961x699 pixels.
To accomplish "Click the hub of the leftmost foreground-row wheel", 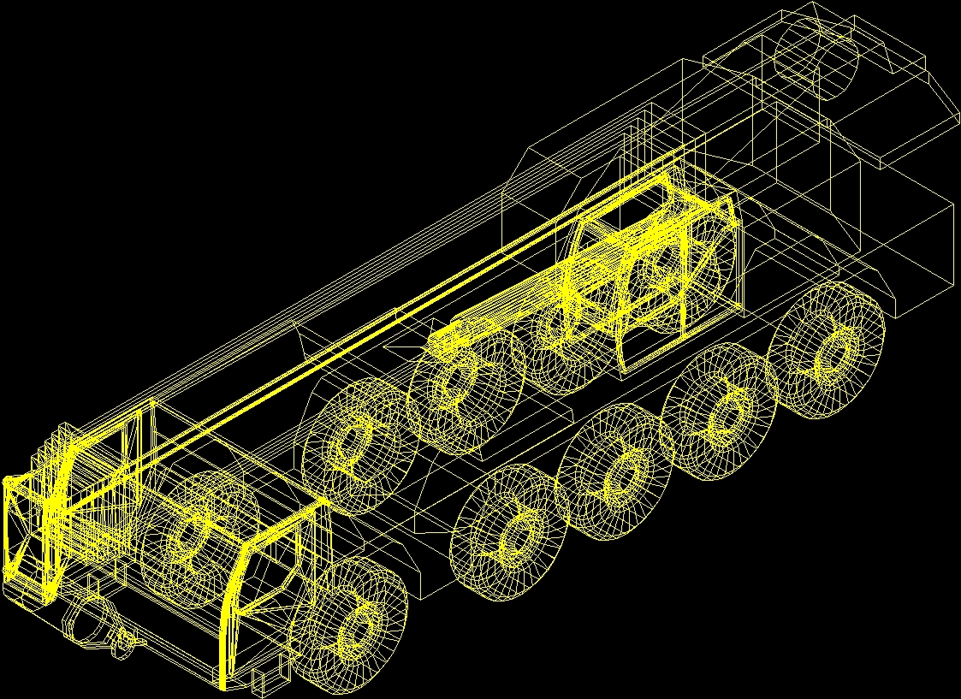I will [353, 631].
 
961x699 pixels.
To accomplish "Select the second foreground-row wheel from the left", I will [512, 534].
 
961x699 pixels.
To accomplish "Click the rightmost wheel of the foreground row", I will [828, 351].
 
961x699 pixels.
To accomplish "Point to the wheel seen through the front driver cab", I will [190, 537].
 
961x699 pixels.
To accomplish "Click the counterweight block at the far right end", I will [907, 248].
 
